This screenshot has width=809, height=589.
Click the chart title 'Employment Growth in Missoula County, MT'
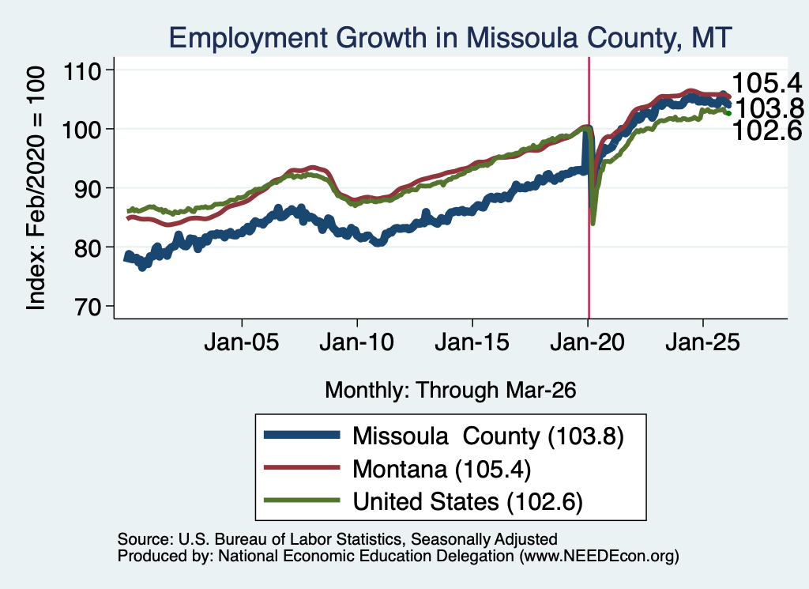pos(450,38)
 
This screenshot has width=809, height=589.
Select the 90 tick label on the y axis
pos(87,188)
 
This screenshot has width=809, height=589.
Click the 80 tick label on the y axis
pos(87,247)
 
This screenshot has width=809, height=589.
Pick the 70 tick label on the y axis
pos(87,306)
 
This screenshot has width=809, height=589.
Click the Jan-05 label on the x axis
pos(242,342)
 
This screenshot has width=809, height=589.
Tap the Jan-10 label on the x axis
pos(356,342)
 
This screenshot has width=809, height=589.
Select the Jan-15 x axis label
pos(472,342)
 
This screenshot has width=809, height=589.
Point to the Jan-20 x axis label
pos(587,342)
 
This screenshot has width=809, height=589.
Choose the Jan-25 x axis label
pos(702,342)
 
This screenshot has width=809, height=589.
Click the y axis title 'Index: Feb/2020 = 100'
pos(36,188)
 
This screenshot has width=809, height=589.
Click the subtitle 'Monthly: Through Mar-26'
pos(450,391)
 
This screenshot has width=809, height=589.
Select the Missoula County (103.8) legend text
pos(488,436)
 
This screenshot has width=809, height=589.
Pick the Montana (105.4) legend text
pos(442,470)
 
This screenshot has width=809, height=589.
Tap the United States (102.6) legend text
pos(468,502)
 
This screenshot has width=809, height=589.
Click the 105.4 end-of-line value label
pos(767,83)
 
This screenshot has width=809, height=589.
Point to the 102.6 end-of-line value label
pos(767,130)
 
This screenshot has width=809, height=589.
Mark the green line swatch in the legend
pos(302,500)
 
